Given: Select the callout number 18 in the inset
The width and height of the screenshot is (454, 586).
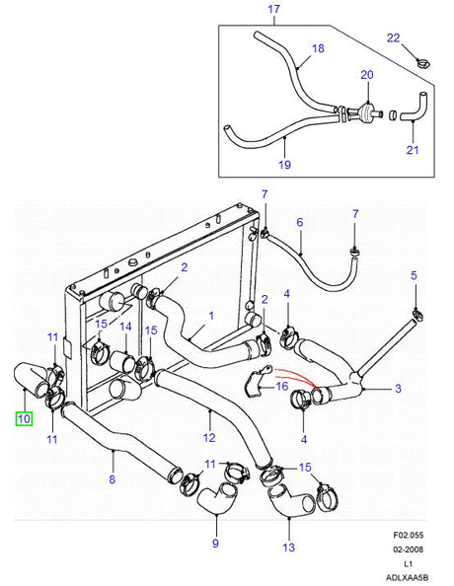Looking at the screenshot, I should [318, 47].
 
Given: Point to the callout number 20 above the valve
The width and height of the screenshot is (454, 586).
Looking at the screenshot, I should [367, 75].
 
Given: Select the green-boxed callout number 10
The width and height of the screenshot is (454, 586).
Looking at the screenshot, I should [23, 419].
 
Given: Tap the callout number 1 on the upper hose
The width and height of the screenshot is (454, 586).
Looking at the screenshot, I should [211, 318].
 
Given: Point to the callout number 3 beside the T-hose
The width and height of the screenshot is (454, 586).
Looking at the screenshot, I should [398, 389].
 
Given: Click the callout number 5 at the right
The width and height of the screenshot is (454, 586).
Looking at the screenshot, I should [415, 275].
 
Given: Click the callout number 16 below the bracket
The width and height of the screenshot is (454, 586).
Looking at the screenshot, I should [282, 388].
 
